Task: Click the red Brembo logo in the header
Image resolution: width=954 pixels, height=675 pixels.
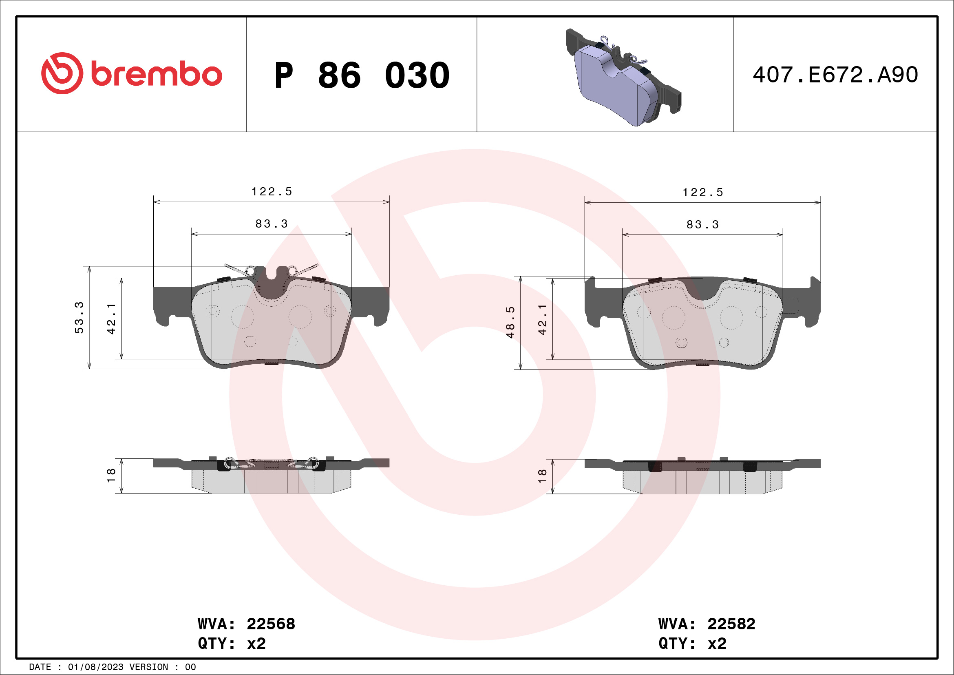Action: [x=132, y=73]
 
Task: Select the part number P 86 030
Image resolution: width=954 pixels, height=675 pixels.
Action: [x=362, y=75]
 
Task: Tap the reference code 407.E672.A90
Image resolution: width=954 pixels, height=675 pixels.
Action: [x=835, y=75]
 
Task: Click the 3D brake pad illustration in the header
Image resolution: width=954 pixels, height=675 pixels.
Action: [x=623, y=77]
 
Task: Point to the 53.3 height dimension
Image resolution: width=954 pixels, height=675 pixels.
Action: [x=79, y=318]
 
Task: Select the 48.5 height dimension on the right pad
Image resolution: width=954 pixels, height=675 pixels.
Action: [x=510, y=322]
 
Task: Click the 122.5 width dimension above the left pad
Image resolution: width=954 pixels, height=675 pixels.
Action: [x=272, y=192]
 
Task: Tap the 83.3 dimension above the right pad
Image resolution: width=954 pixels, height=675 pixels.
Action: [x=702, y=225]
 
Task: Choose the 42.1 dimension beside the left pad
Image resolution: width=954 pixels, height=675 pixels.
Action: [x=111, y=319]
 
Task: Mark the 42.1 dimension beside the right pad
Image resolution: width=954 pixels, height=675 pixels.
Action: [x=543, y=319]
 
